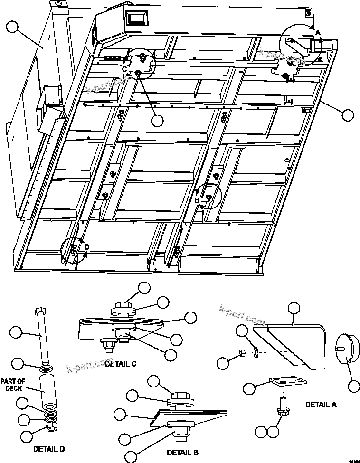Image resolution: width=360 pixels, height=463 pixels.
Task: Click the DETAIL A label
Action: click(321, 405)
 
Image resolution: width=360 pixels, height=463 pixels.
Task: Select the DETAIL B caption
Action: click(182, 452)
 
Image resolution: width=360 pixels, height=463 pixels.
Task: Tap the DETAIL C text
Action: click(121, 364)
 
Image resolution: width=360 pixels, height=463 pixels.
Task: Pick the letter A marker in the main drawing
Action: click(318, 33)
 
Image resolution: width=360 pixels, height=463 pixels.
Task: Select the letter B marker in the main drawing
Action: click(196, 200)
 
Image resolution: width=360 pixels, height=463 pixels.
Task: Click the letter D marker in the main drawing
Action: click(86, 246)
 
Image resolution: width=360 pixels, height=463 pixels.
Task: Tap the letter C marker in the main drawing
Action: click(124, 69)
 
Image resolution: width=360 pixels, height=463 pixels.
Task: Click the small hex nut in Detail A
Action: click(241, 352)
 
